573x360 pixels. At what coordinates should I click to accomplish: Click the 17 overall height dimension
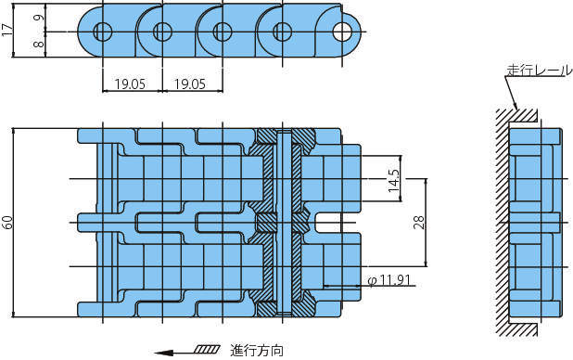6,31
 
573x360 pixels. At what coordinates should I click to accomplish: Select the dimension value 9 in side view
40,18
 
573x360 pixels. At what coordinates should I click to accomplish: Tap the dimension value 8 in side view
40,45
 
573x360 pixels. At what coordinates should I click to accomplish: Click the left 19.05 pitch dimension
130,84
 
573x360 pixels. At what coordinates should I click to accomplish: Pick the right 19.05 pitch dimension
190,84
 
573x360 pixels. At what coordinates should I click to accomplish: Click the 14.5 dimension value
394,181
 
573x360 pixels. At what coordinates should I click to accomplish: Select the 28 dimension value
419,223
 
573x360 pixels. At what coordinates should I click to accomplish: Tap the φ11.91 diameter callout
389,280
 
